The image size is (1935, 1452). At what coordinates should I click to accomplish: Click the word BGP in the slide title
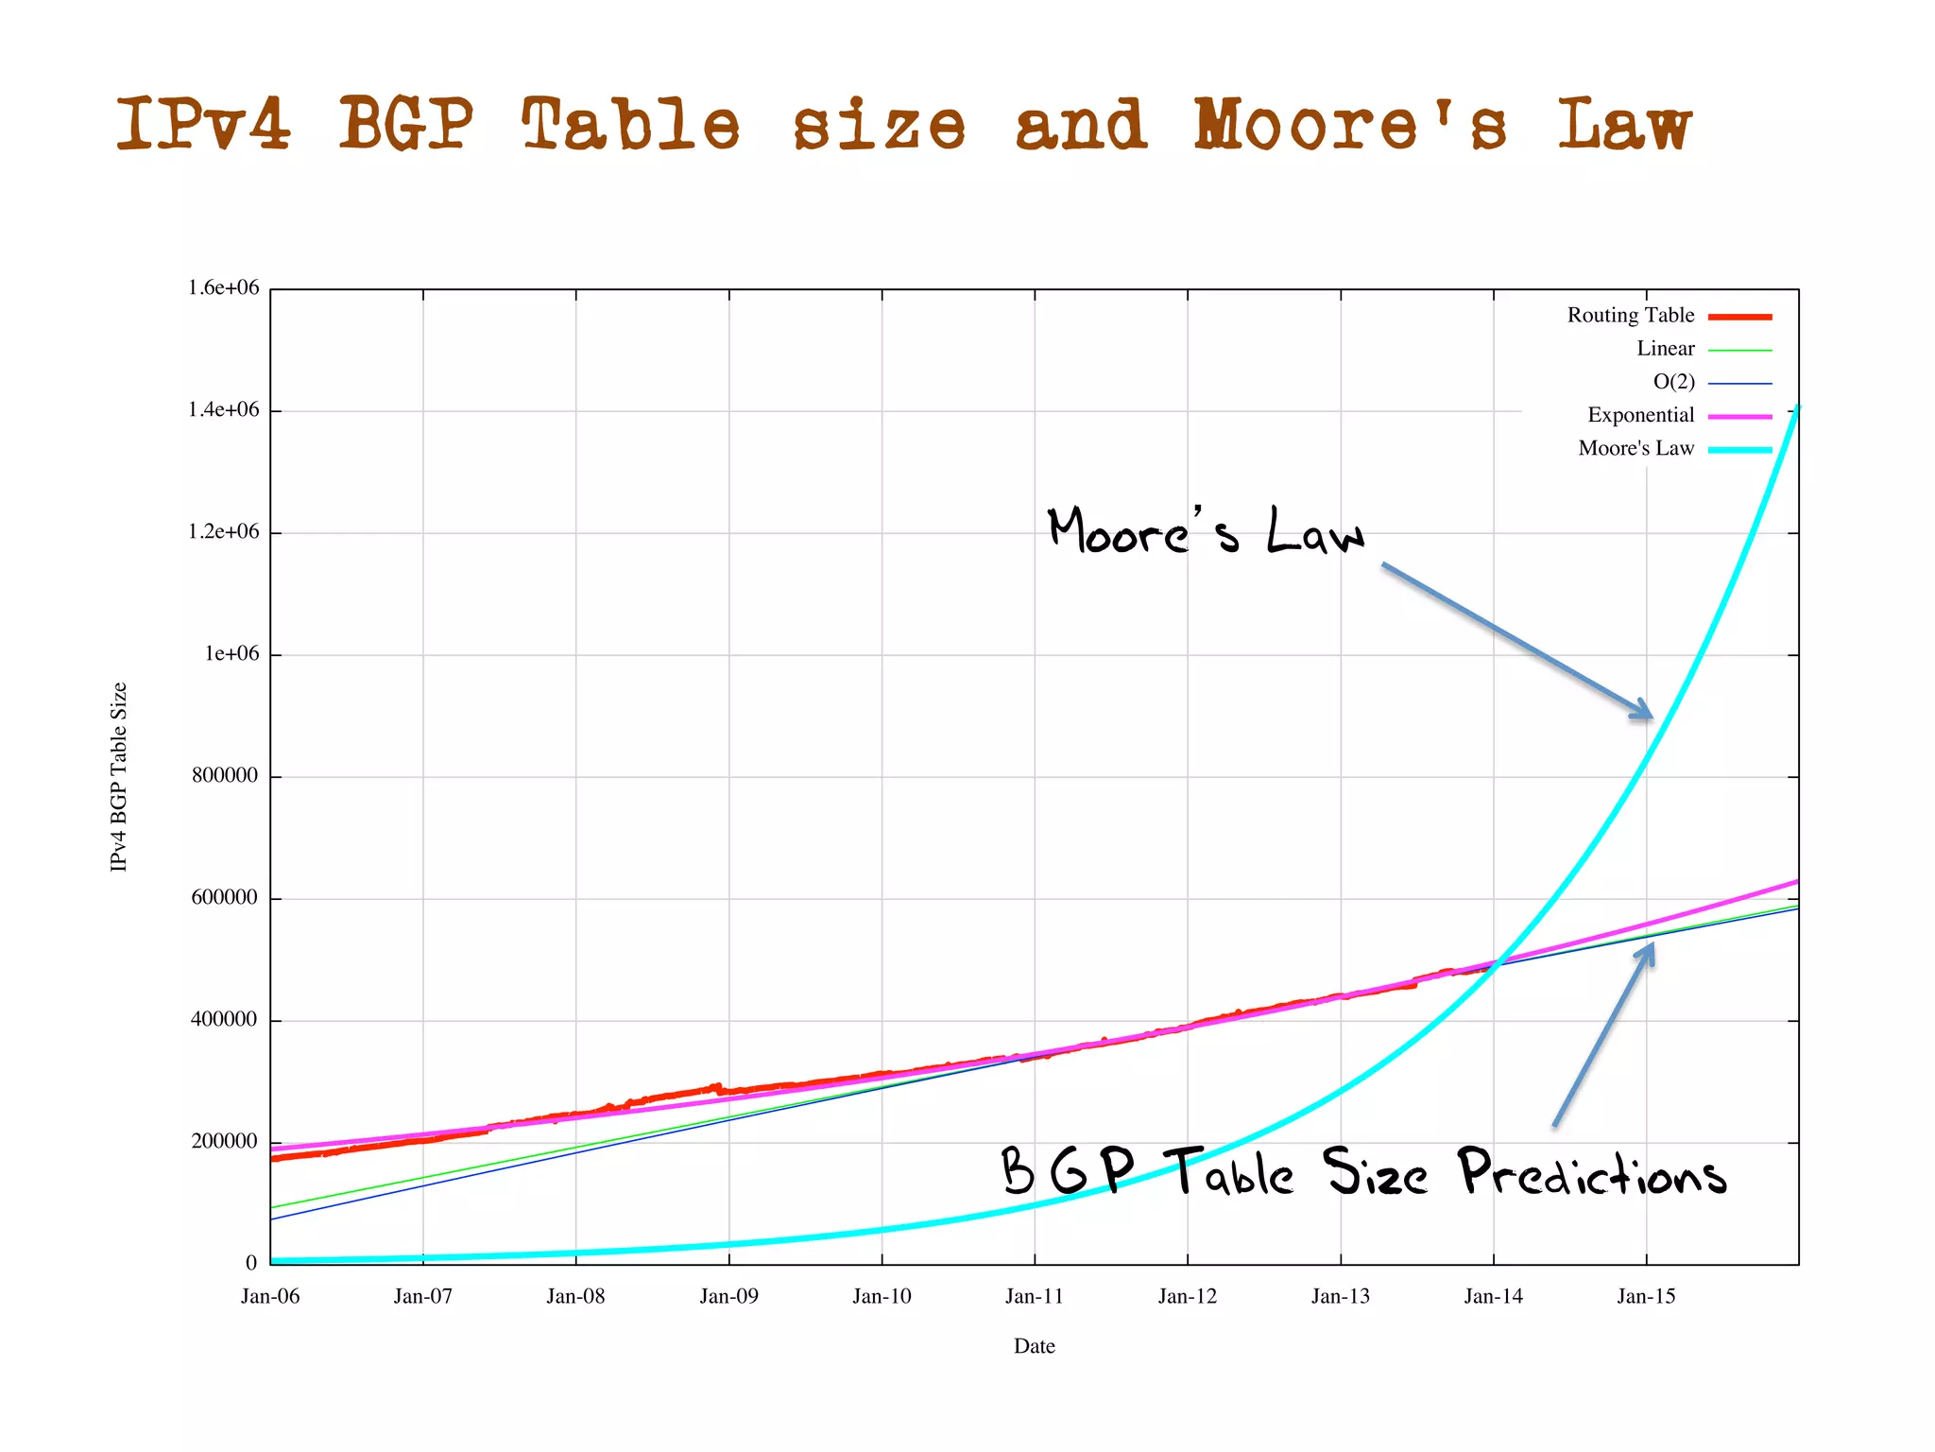tap(406, 125)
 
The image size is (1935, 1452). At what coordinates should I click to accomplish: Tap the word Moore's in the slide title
tap(1351, 125)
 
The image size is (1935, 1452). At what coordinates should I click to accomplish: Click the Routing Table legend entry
tap(1631, 316)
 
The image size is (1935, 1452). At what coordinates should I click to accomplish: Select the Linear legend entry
tap(1666, 349)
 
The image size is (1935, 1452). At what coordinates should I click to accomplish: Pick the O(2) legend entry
tap(1673, 382)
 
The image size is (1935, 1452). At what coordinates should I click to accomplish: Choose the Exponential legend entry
tap(1641, 415)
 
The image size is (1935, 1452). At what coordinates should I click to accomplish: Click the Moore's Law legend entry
tap(1636, 448)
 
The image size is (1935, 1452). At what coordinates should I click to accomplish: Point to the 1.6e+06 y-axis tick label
tap(223, 288)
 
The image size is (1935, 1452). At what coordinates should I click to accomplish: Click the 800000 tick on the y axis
tap(225, 776)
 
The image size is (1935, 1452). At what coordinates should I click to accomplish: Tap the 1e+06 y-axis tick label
tap(231, 654)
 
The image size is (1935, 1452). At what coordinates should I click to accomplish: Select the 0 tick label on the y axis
tap(251, 1263)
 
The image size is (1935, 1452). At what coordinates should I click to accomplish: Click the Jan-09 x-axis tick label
tap(728, 1296)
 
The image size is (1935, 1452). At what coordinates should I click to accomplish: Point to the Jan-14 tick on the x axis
tap(1493, 1296)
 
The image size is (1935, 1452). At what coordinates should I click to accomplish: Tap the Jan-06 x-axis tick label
tap(270, 1296)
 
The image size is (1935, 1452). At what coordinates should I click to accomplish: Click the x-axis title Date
tap(1034, 1346)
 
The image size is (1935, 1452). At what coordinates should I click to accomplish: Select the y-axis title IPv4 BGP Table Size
tap(119, 776)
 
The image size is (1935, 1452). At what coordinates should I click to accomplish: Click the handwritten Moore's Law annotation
tap(1207, 531)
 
